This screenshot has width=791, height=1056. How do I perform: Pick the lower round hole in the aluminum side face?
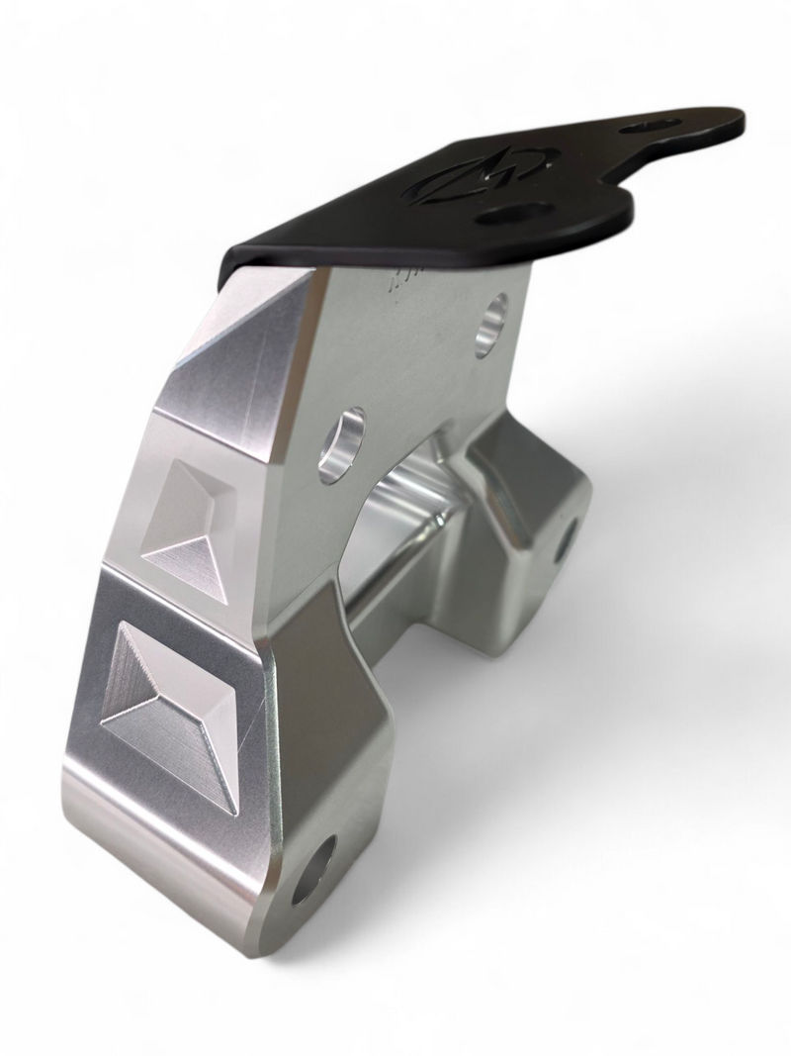coord(342,444)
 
